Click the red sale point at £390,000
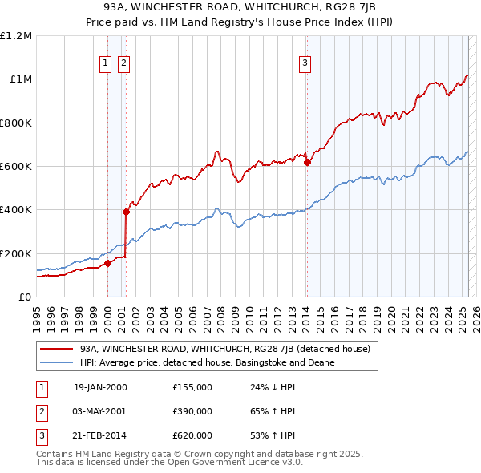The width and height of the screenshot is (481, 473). click(126, 212)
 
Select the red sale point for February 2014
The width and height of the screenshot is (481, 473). click(307, 162)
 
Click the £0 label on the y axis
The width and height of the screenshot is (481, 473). click(25, 297)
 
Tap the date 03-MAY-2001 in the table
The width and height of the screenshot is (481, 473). click(100, 411)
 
